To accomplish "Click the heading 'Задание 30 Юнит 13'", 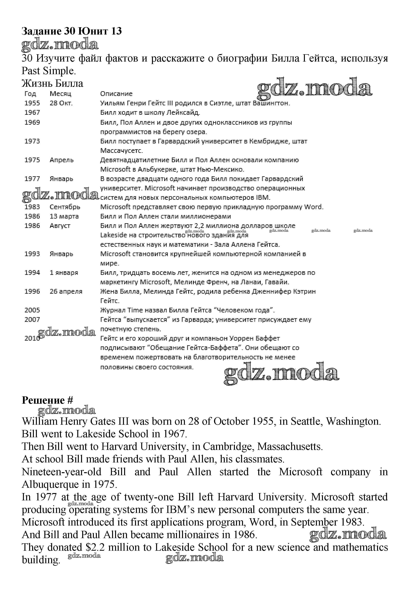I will [72, 31].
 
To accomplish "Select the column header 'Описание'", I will [116, 94].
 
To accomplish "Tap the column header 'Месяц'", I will [60, 94].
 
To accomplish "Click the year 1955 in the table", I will [32, 103].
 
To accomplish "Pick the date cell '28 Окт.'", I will [61, 103].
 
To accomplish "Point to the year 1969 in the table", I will [32, 122].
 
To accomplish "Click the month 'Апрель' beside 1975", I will [61, 160].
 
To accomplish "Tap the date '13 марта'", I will [64, 216].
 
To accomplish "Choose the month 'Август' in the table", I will [60, 226].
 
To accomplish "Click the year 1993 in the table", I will [32, 254].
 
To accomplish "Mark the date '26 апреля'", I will [66, 292].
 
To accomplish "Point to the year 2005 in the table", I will [32, 310].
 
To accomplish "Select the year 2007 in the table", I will [32, 320].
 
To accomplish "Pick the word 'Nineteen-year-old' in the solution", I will [61, 472].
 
